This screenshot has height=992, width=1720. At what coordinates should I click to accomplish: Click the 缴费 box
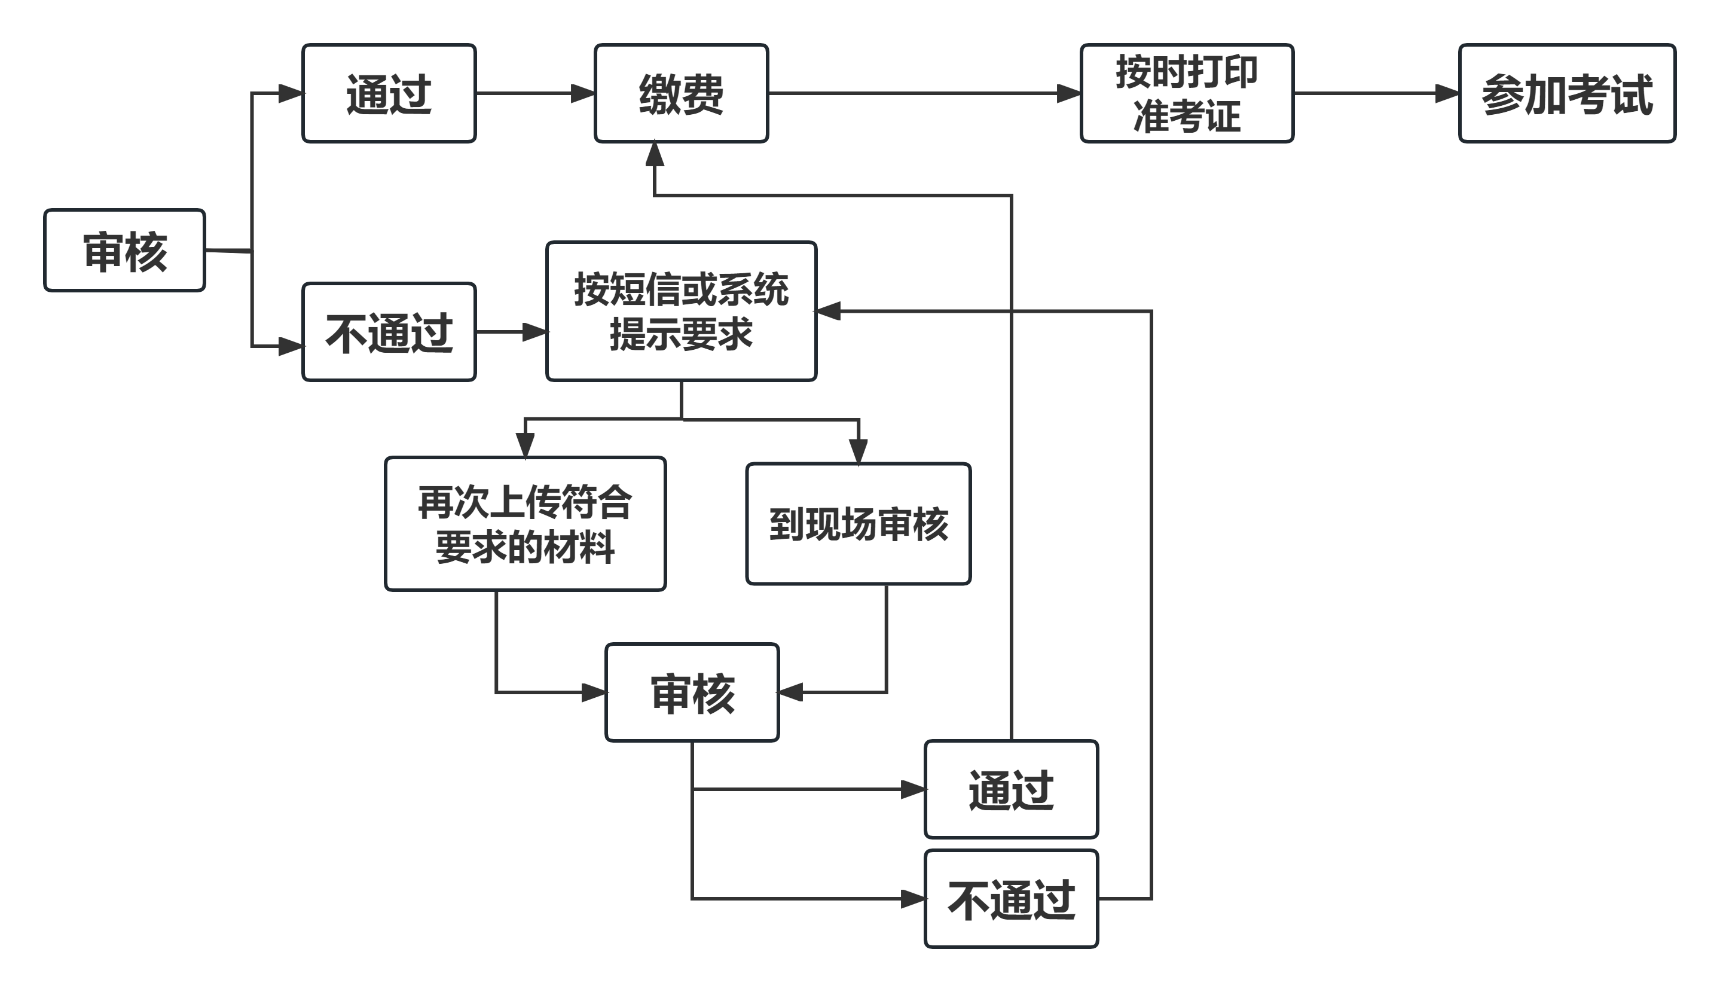pos(681,93)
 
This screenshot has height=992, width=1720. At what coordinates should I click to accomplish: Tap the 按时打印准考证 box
pos(1186,93)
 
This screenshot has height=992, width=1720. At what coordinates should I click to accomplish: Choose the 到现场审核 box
pos(859,524)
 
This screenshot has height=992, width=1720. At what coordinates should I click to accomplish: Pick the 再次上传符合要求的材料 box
pos(524,524)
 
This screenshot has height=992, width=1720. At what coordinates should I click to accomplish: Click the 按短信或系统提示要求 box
pos(681,312)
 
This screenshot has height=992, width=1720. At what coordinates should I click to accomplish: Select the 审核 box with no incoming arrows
pos(125,251)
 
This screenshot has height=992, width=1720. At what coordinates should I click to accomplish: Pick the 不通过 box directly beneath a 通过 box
pos(1011,899)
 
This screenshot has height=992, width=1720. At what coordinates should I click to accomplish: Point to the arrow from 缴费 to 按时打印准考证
pos(919,93)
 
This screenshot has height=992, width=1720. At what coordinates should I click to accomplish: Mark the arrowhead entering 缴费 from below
pos(655,153)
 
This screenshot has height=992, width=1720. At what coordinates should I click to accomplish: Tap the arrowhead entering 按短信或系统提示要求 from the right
pos(827,311)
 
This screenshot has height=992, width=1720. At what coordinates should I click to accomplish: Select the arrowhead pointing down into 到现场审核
pos(859,451)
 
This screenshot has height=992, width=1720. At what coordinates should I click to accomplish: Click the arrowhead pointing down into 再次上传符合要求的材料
pos(524,445)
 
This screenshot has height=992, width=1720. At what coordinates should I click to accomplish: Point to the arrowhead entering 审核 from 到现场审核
pos(790,692)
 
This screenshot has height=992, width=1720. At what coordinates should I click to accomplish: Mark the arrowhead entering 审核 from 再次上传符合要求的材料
pos(594,693)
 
